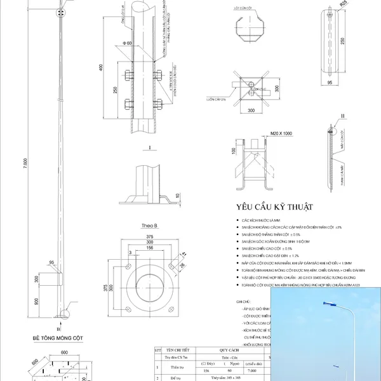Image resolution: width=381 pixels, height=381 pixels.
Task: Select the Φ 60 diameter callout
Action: (129, 44)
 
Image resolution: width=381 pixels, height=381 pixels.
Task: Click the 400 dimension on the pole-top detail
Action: (100, 68)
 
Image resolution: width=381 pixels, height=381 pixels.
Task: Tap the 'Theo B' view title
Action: (150, 225)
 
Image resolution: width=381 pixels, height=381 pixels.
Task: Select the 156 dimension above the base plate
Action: (150, 248)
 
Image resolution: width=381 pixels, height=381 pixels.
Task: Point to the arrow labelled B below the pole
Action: (59, 328)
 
